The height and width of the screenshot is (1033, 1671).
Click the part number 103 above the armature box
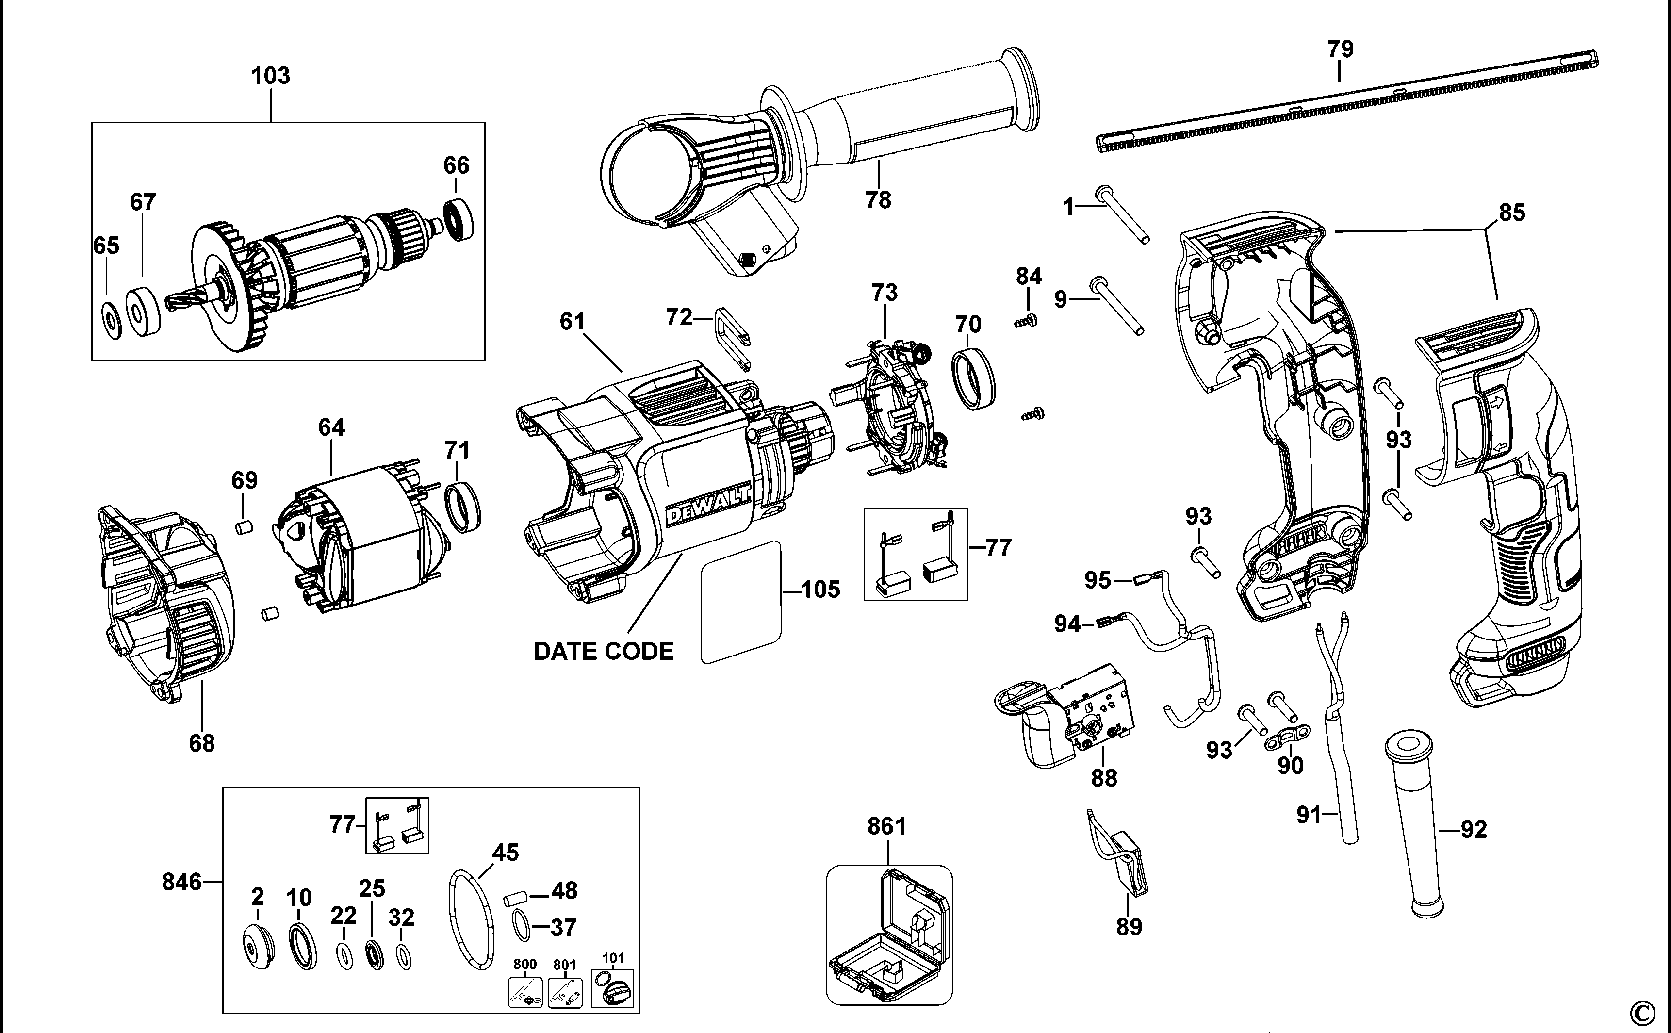(x=271, y=76)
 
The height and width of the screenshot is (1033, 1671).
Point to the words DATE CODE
(x=603, y=651)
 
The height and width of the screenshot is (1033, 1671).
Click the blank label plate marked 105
(x=740, y=602)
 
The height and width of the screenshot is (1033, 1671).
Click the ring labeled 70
(x=973, y=378)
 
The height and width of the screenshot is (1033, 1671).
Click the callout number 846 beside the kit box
(x=182, y=882)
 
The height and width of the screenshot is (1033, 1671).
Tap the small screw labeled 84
(x=1026, y=320)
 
